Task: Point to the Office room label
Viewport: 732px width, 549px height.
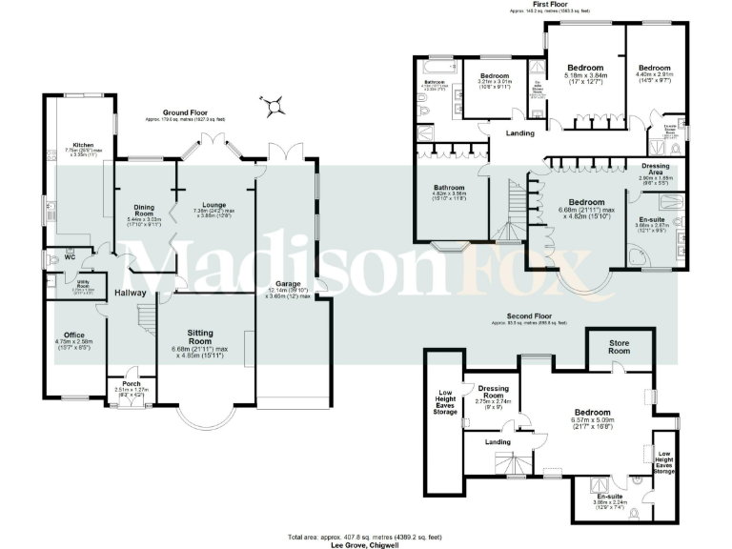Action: [x=71, y=335]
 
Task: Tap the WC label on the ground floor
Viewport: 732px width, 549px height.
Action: [x=69, y=256]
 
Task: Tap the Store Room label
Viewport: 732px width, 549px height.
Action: [x=620, y=350]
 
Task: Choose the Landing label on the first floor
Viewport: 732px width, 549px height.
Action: [x=520, y=132]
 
